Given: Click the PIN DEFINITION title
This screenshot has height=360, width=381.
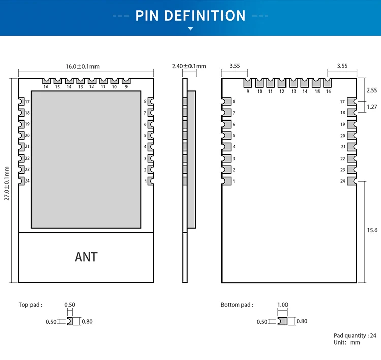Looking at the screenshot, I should coord(190,15).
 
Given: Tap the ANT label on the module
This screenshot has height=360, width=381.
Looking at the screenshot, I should coord(86,257).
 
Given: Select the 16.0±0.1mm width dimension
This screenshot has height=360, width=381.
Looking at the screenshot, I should coord(82,66).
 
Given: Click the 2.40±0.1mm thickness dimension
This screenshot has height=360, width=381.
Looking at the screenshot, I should coord(189,66).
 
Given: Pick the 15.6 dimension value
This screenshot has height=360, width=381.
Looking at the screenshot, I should coord(372,230).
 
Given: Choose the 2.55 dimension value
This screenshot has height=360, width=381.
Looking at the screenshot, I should coord(372,90).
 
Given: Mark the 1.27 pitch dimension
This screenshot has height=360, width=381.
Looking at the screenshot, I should coord(372,107).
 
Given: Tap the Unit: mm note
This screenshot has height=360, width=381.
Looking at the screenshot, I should coord(347,342).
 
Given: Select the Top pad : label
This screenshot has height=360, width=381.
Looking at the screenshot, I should coord(30,305).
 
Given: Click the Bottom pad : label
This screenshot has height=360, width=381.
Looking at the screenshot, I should coord(237,305).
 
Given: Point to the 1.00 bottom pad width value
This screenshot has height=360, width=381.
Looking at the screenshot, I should coord(282,305).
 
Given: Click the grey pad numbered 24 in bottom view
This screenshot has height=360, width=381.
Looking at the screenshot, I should coord(352,181).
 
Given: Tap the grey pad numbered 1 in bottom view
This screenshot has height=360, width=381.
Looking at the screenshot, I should coord(226,181).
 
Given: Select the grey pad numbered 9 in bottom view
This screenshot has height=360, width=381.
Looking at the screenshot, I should coord(248,83).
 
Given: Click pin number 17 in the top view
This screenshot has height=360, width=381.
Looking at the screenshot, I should coord(27,102).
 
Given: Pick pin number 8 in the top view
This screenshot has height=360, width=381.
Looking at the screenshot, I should coord(145,102).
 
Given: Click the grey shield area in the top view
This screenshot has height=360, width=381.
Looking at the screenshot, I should coord(86,159).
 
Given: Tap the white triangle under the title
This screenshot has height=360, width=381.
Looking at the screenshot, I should coord(190,29).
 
